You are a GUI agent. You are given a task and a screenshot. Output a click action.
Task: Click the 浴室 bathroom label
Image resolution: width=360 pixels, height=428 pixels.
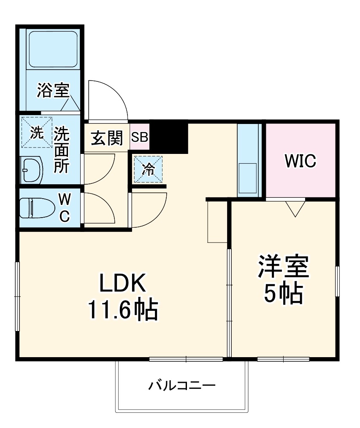53,91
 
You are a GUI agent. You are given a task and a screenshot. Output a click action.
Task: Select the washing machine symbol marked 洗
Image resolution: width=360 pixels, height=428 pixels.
37,133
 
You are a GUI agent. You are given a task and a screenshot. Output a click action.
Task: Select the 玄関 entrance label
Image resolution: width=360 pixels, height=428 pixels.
107,137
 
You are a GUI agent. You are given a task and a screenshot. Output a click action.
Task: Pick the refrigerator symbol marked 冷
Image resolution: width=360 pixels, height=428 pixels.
148,169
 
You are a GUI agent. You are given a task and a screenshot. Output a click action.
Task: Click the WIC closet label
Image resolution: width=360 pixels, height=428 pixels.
300,161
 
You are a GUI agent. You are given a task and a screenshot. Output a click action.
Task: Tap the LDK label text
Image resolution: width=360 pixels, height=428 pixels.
122,284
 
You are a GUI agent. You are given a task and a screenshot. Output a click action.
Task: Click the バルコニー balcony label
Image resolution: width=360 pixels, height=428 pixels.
182,385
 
